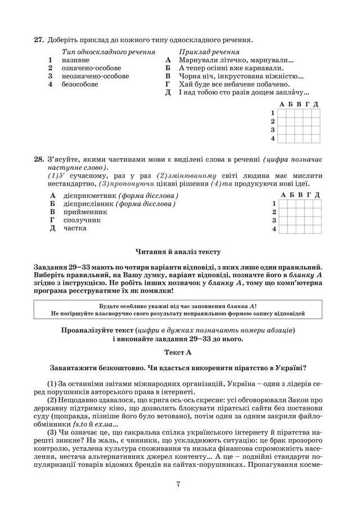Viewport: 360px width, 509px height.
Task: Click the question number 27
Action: (38, 39)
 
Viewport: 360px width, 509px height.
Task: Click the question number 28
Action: (38, 160)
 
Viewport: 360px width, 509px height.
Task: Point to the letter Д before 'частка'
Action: (52, 229)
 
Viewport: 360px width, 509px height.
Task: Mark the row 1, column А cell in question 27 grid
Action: (282, 113)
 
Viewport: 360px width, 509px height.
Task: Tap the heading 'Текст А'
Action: (179, 352)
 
